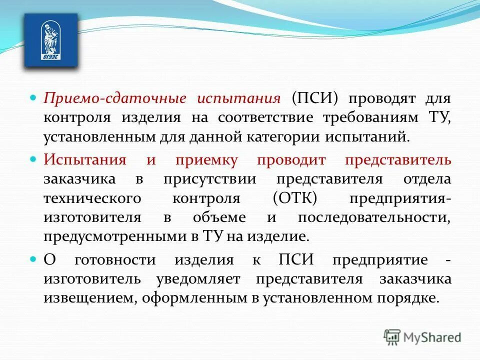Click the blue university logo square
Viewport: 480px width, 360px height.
[51, 40]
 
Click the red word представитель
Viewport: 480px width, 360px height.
[398, 160]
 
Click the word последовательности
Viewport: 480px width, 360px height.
[374, 217]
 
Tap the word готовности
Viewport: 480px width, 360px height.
[114, 260]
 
